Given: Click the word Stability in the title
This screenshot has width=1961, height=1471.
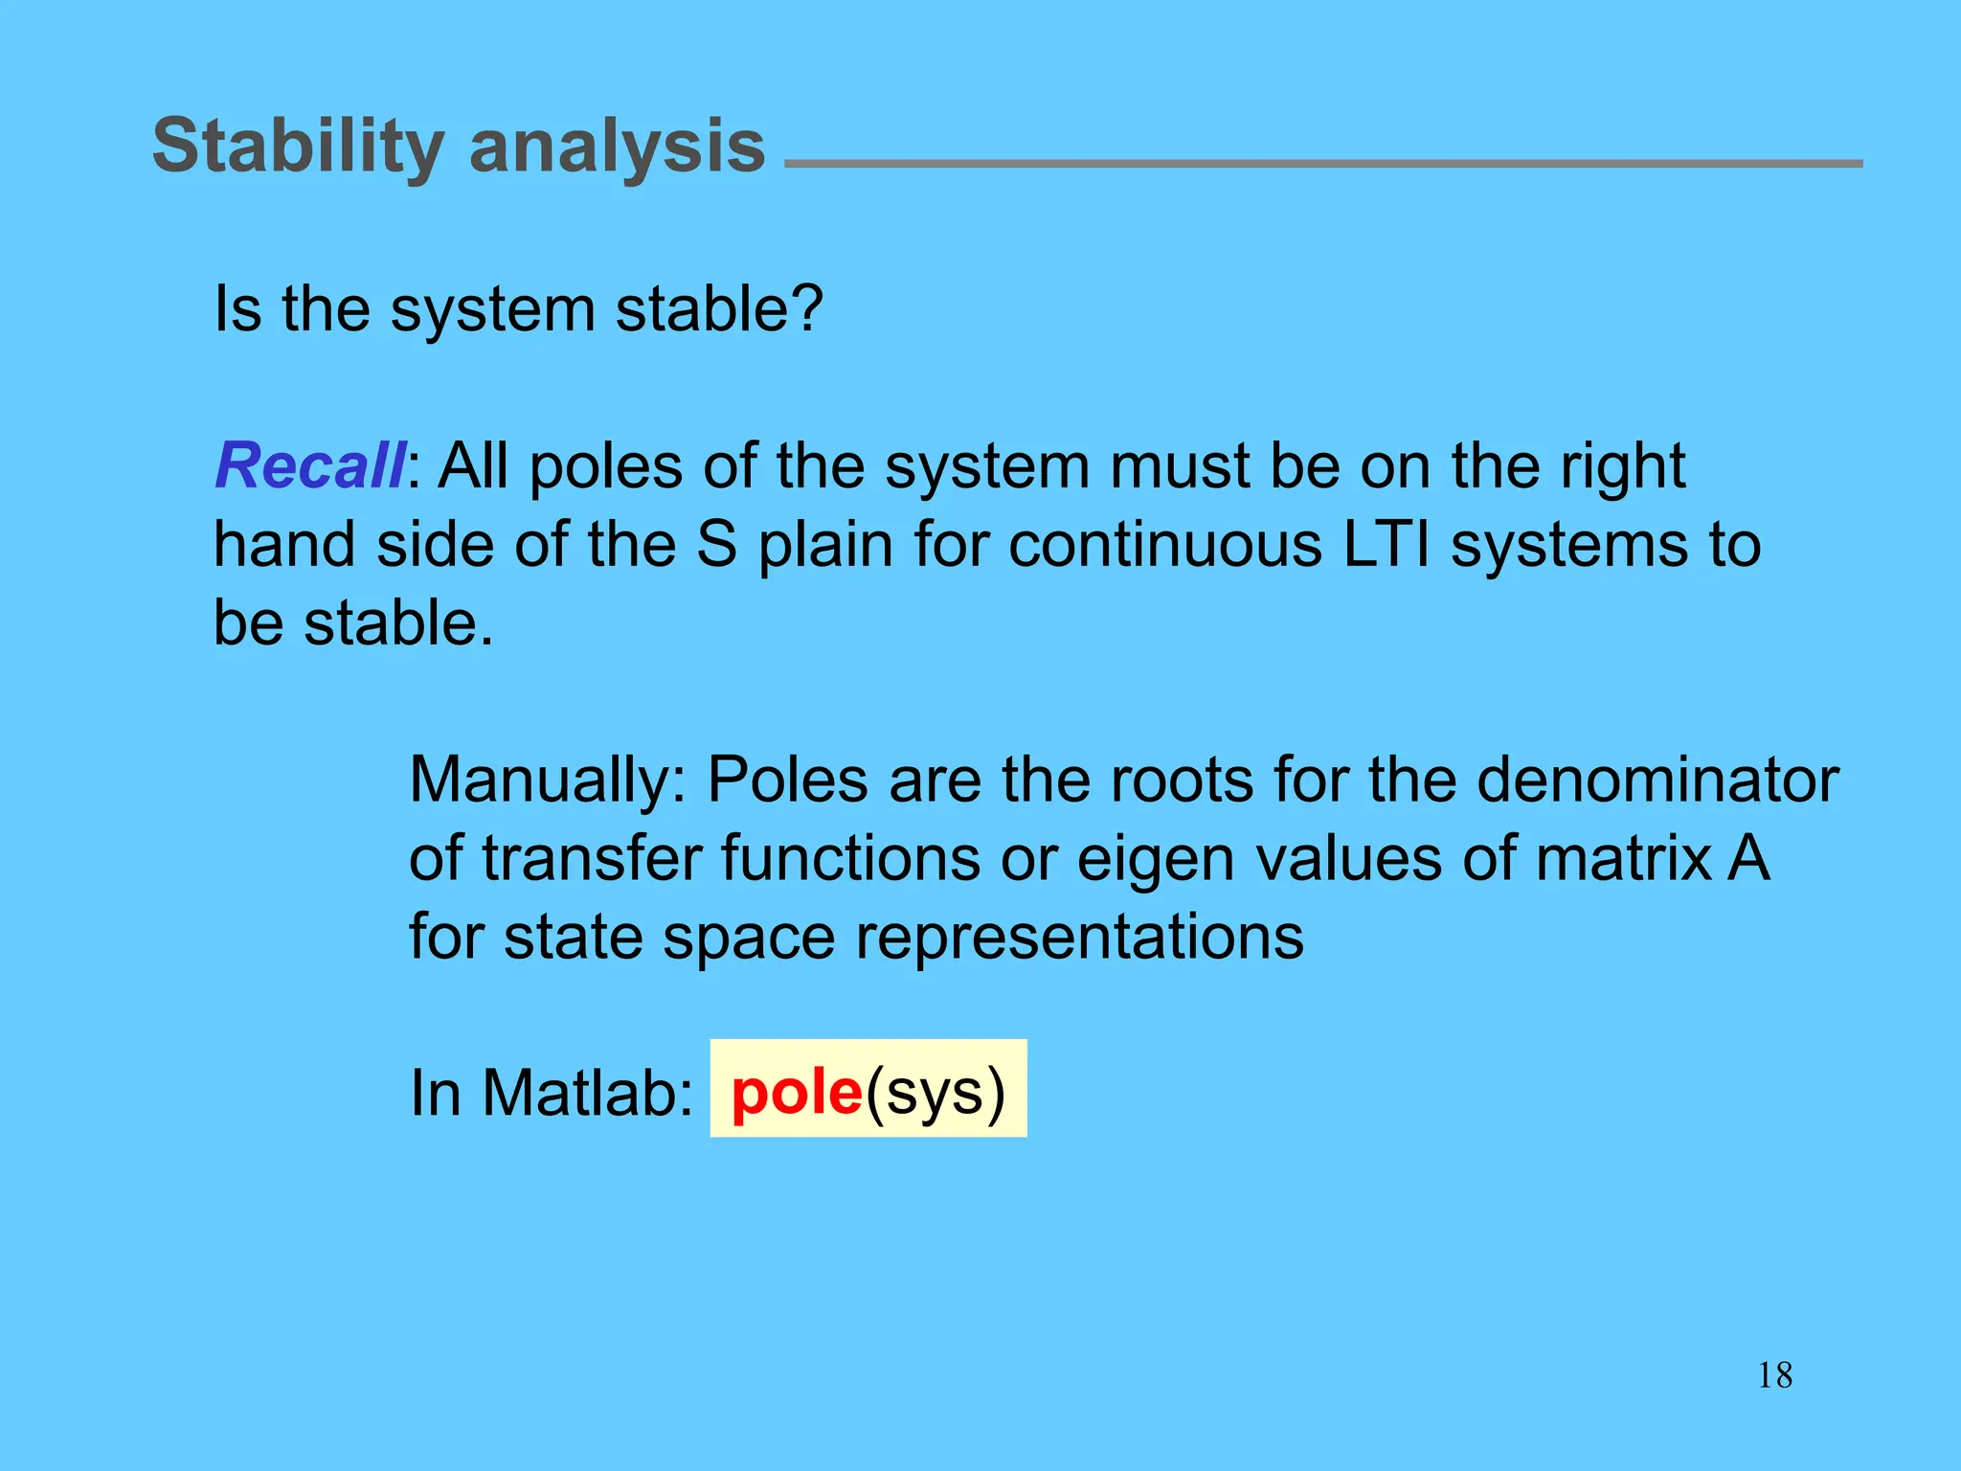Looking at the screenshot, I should click(x=297, y=147).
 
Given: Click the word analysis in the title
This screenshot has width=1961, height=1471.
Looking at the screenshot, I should click(x=617, y=147).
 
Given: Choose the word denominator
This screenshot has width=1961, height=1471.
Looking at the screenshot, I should click(x=1657, y=780).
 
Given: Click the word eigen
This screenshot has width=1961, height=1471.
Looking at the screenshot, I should click(x=1155, y=859).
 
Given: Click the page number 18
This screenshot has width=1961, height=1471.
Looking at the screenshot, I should click(x=1774, y=1376).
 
